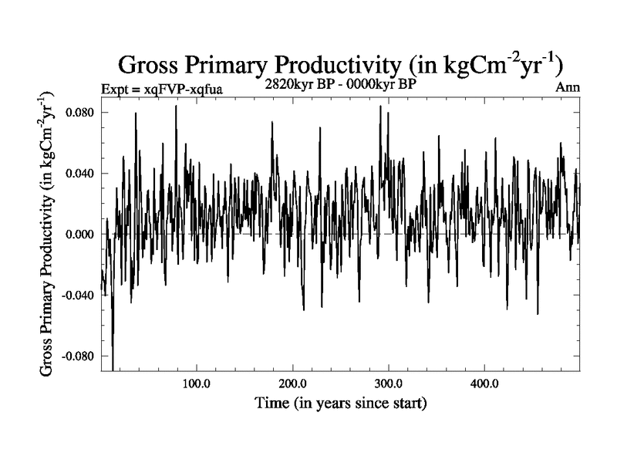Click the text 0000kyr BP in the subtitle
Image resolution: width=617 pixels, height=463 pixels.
point(383,84)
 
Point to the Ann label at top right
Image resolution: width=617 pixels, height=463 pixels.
point(568,87)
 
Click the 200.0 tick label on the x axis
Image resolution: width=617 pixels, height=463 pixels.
point(292,384)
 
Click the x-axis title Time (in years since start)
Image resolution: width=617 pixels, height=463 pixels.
point(339,403)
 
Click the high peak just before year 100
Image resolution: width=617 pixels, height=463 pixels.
point(176,106)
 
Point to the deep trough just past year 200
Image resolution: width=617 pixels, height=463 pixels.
point(304,309)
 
